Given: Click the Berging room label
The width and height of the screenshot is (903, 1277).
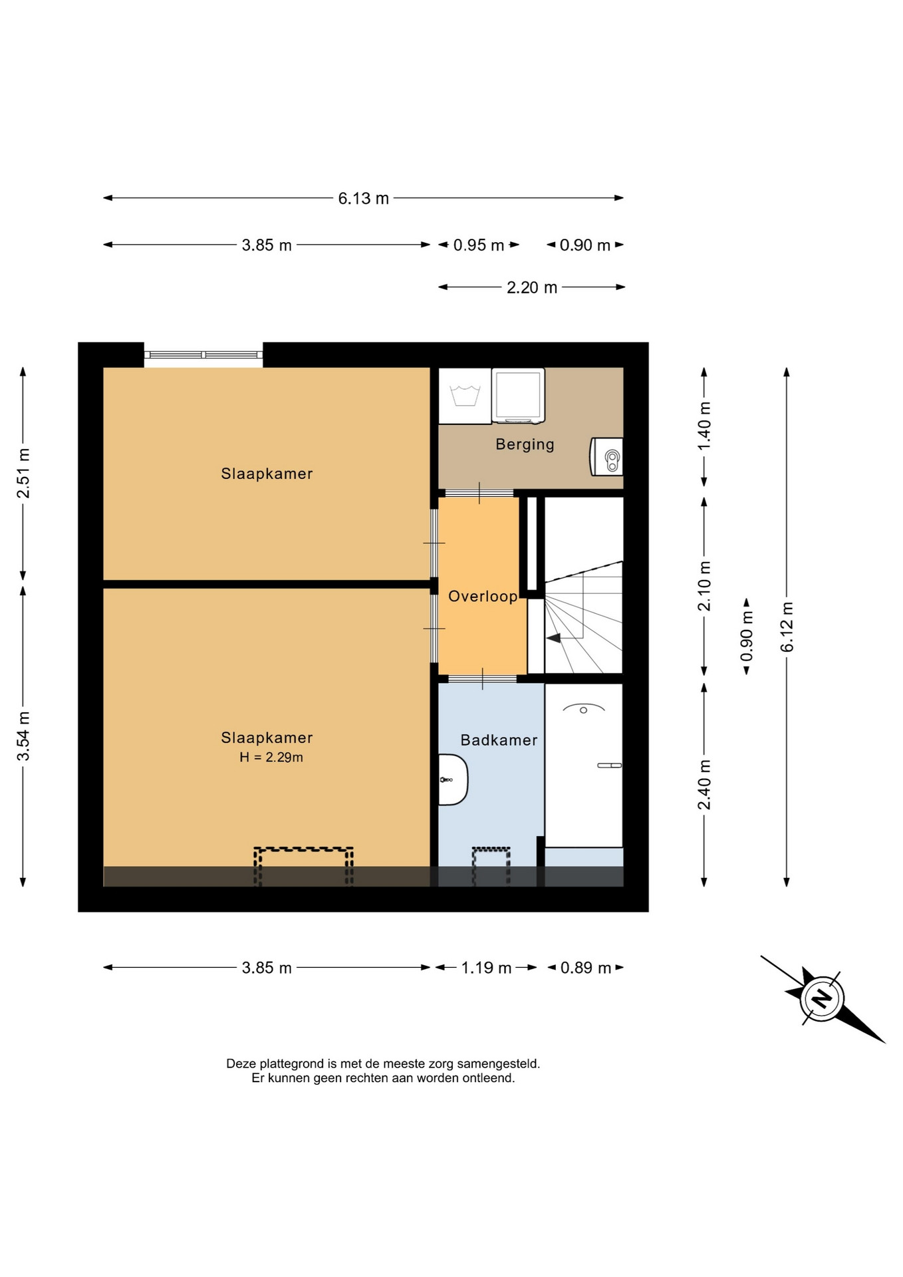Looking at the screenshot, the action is (525, 444).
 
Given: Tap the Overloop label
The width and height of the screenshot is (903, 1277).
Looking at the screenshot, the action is (483, 596).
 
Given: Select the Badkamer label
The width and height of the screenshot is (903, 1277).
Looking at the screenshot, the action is (499, 740).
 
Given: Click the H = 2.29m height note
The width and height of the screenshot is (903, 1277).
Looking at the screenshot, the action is (271, 757).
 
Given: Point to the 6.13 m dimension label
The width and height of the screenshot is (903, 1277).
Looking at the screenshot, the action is (363, 198).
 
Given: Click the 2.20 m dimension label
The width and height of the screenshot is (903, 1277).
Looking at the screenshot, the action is (532, 287).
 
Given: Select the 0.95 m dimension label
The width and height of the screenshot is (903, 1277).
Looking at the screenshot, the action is (479, 245).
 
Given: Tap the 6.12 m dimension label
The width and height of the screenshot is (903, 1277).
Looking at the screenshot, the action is (787, 627).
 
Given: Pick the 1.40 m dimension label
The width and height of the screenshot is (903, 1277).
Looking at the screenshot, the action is (705, 426).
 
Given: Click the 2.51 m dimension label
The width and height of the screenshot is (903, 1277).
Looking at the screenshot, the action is (23, 473).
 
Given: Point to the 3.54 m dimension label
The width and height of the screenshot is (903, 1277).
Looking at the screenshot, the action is (23, 736).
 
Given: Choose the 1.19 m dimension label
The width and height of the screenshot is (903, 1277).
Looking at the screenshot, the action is (486, 968).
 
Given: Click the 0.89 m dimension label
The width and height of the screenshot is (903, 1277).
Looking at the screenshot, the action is (585, 968).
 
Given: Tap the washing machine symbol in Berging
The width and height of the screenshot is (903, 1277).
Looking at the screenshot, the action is (465, 396).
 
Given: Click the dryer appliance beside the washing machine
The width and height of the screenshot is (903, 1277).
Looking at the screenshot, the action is (518, 395).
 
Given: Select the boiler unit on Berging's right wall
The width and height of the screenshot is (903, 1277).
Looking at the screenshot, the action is (606, 456).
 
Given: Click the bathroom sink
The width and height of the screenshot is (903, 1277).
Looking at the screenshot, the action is (453, 780).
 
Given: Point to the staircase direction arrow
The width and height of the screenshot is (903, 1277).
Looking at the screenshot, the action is (553, 638).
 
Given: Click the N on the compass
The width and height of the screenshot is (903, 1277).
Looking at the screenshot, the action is (823, 998).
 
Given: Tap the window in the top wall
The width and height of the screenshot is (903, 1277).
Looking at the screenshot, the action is (203, 355).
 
